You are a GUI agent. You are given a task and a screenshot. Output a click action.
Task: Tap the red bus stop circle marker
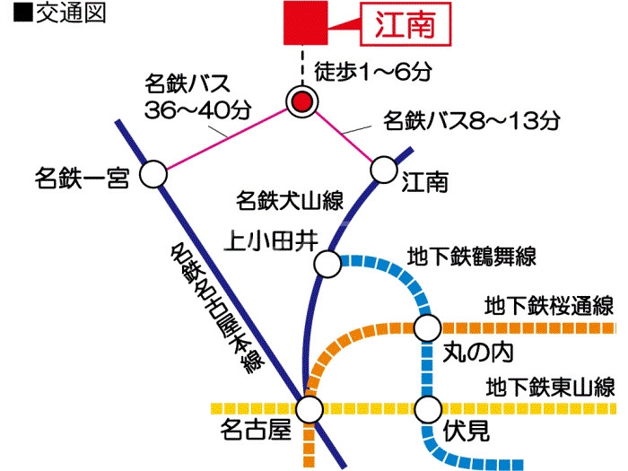pyautogui.click(x=302, y=101)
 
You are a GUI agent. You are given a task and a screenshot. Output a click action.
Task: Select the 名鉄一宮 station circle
pyautogui.click(x=154, y=175)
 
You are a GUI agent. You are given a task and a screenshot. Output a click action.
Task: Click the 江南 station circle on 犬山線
pyautogui.click(x=384, y=168)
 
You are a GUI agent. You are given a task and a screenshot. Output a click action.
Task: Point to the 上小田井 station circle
pyautogui.click(x=327, y=264)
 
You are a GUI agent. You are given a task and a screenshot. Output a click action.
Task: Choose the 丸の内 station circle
pyautogui.click(x=426, y=327)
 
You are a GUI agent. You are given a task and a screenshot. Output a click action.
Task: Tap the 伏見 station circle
pyautogui.click(x=426, y=408)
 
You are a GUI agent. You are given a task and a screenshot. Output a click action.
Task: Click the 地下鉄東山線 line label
pyautogui.click(x=550, y=388)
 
